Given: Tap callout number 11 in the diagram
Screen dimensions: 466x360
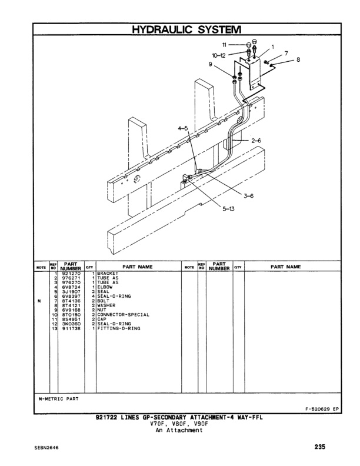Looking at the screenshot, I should click(224, 44).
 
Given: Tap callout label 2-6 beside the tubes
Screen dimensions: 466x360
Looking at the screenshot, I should click(256, 141).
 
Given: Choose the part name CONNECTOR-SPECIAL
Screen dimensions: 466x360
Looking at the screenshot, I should click(123, 315).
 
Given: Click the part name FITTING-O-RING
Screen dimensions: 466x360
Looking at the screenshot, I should click(117, 328).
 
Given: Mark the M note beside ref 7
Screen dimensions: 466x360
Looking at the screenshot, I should click(38, 301).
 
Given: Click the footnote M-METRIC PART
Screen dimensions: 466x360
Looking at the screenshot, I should click(59, 398).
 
